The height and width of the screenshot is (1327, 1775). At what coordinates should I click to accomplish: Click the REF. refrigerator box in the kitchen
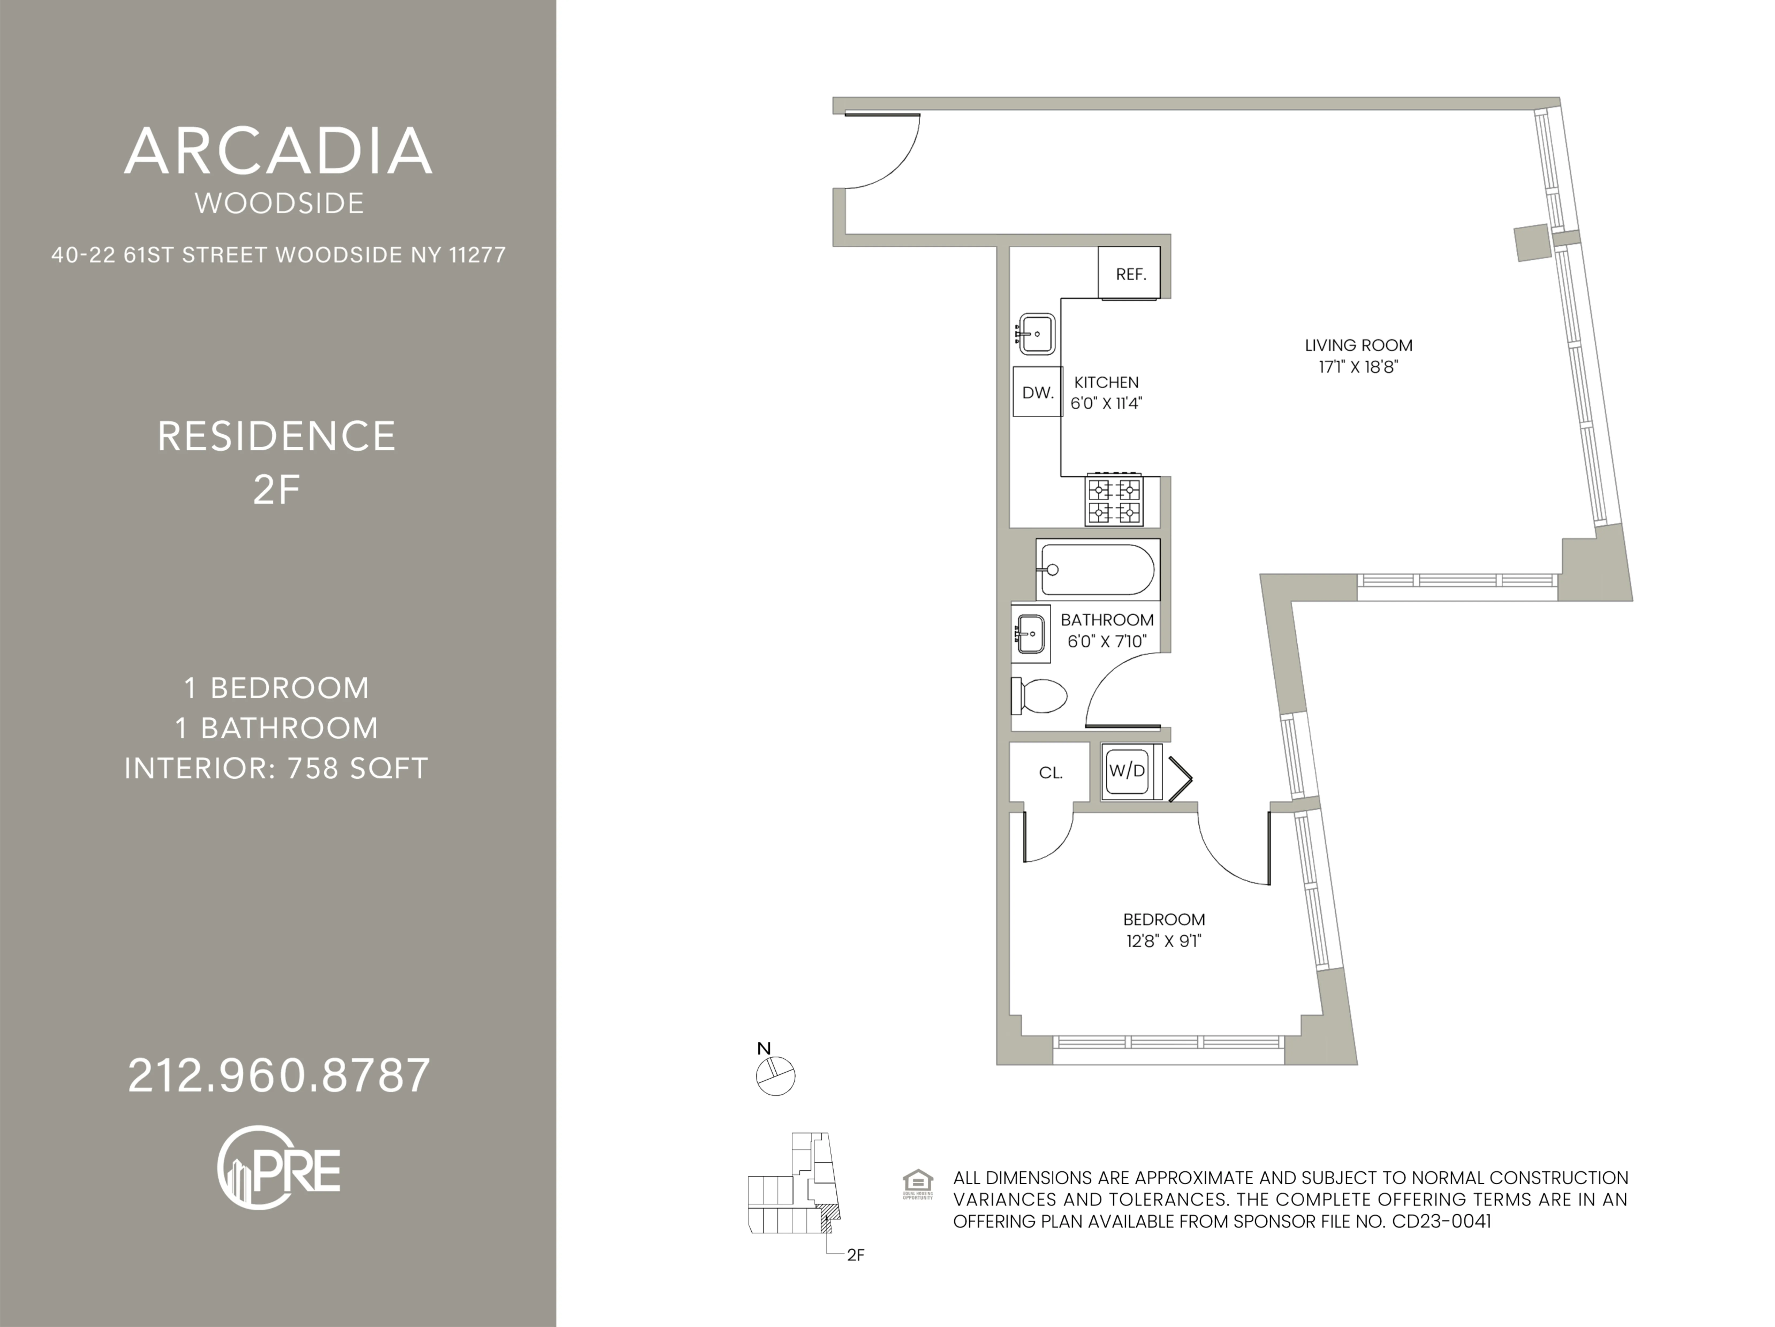(x=1129, y=274)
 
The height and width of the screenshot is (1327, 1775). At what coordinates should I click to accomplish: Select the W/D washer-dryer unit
(x=1128, y=771)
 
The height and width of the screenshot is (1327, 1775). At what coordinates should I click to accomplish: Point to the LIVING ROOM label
(x=1358, y=345)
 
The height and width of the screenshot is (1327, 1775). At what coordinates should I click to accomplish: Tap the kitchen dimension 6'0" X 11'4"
(x=1106, y=403)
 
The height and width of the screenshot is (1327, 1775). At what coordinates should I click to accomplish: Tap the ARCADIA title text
(x=279, y=151)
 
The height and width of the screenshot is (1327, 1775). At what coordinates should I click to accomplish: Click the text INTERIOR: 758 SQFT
(x=277, y=768)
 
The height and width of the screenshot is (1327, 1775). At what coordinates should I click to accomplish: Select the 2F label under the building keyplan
(x=855, y=1255)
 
